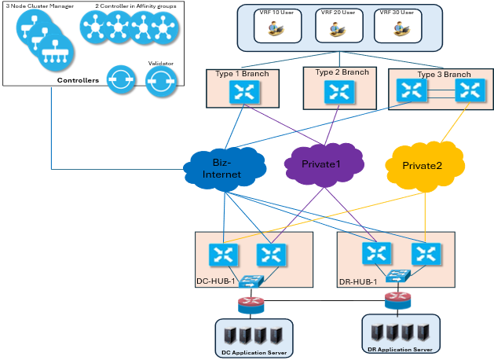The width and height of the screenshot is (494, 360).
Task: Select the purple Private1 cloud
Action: (322, 164)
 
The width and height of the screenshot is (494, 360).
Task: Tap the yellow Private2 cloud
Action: (423, 166)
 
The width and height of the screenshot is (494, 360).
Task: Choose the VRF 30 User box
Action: (397, 26)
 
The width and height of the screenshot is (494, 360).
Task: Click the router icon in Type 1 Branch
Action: (240, 93)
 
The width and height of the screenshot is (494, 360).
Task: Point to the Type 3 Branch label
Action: (444, 75)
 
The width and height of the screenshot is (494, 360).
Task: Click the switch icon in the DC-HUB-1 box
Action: (254, 281)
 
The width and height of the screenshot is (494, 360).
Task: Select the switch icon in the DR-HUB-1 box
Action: (397, 277)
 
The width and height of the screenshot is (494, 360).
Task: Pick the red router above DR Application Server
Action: (397, 299)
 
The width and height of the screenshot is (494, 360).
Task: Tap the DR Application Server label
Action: (399, 348)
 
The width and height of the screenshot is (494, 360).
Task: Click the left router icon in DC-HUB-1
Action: (224, 254)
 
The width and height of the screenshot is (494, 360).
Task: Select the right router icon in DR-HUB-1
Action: (425, 252)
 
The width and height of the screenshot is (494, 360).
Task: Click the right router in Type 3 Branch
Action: (469, 91)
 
